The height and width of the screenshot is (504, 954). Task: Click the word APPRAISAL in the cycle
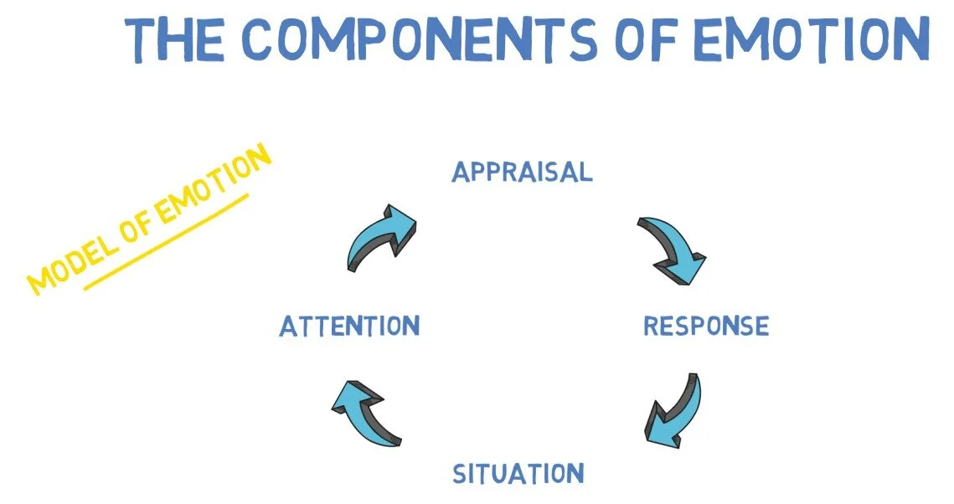pyautogui.click(x=522, y=172)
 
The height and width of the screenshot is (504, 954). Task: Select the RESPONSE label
pyautogui.click(x=705, y=326)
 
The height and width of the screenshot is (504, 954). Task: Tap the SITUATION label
pyautogui.click(x=518, y=474)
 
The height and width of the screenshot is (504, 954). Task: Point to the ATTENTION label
pyautogui.click(x=349, y=326)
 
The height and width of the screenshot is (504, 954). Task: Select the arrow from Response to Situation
pyautogui.click(x=675, y=409)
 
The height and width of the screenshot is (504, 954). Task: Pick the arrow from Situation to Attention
pyautogui.click(x=367, y=409)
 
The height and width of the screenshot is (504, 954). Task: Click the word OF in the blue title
pyautogui.click(x=655, y=39)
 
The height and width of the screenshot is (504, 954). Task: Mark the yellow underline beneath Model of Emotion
pyautogui.click(x=168, y=242)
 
